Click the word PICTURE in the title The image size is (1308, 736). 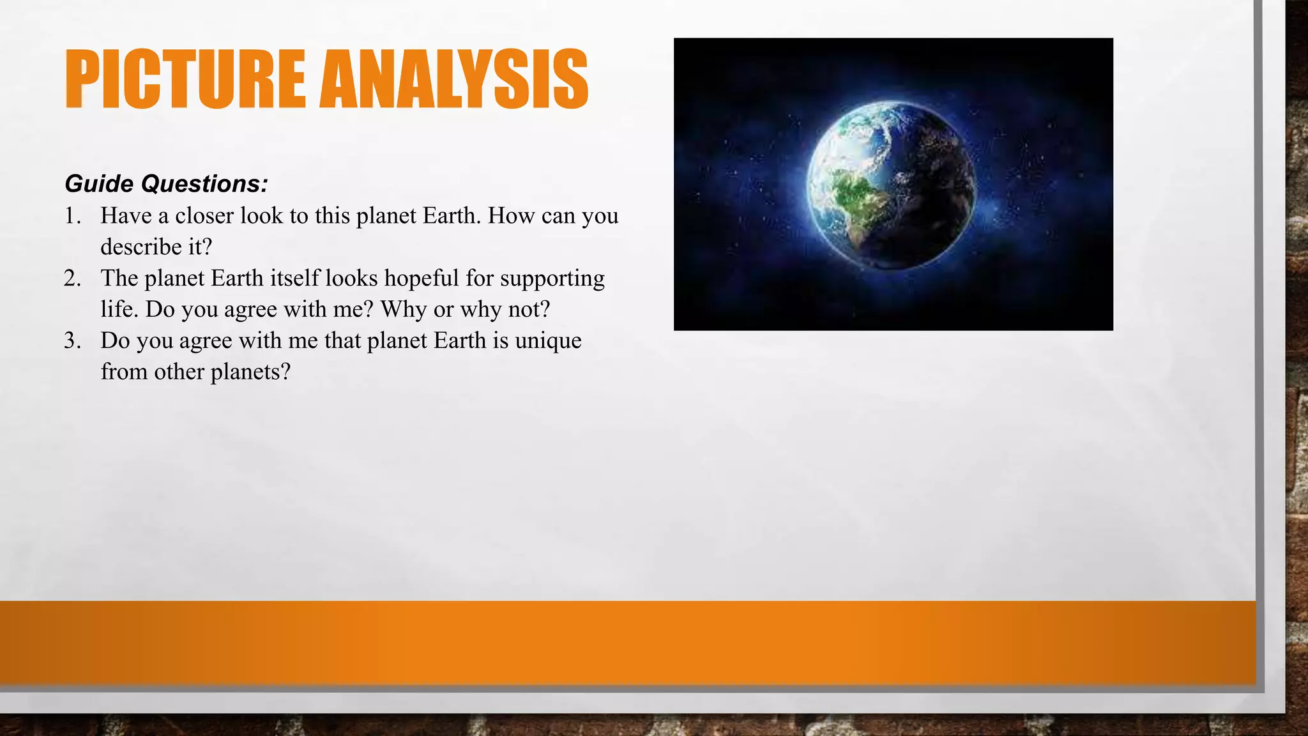click(185, 79)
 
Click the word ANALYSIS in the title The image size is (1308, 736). click(453, 79)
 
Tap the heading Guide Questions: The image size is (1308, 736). click(166, 184)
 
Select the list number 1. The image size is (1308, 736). click(72, 216)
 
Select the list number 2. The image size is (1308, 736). click(72, 279)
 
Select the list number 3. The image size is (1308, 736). click(72, 341)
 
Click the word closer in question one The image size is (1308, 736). click(204, 216)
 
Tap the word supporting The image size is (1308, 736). click(552, 279)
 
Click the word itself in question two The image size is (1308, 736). click(294, 279)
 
